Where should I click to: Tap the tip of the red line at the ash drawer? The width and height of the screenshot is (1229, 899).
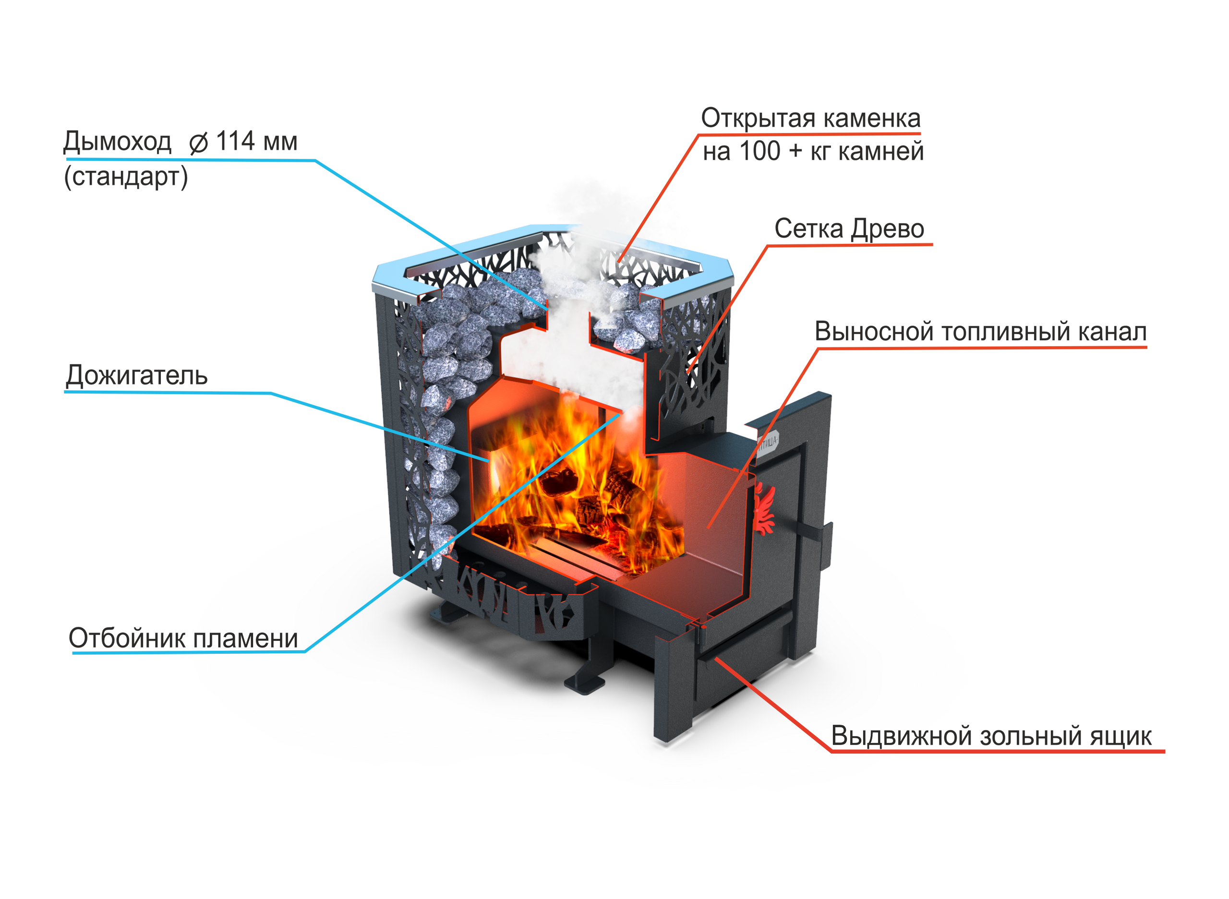click(716, 659)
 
